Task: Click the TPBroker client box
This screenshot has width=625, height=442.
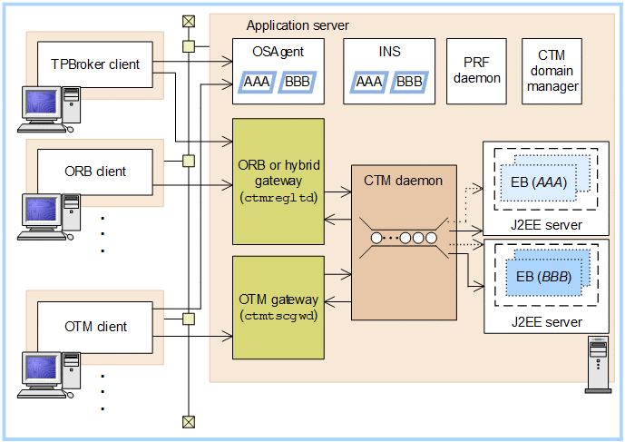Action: coord(95,64)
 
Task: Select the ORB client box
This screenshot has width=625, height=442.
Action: coord(95,171)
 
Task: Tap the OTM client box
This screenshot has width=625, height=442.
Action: coord(95,327)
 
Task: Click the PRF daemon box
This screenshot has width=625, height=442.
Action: coord(482,71)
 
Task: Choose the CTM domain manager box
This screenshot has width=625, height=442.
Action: coord(552,71)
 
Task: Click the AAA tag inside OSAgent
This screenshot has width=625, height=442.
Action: coord(259,83)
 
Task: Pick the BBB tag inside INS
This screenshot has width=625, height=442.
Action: coord(409,83)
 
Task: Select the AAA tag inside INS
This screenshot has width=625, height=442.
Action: coord(368,83)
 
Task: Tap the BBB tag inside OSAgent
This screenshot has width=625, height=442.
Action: coord(297,83)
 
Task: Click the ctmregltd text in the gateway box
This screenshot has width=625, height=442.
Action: coord(278,198)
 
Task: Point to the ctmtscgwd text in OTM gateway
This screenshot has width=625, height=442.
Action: coord(278,317)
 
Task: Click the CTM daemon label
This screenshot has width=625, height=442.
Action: coord(403,181)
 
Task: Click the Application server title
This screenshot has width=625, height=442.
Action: coord(298,25)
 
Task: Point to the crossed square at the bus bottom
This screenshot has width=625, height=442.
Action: coord(188,420)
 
